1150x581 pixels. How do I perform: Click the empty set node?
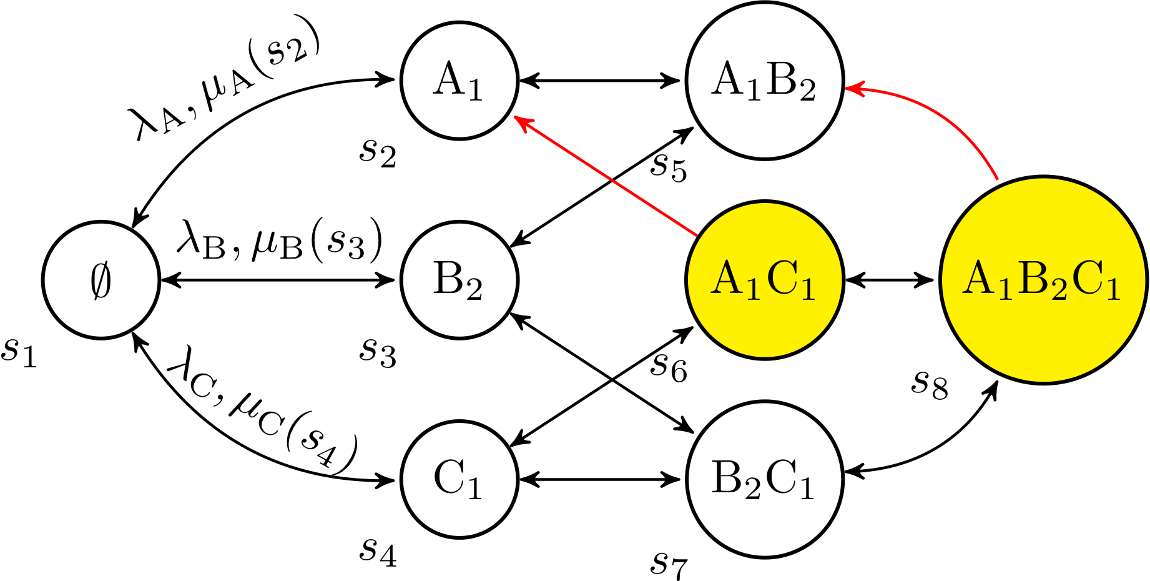pyautogui.click(x=101, y=280)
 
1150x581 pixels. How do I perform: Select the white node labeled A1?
pyautogui.click(x=460, y=81)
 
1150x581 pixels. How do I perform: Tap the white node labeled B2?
pyautogui.click(x=460, y=280)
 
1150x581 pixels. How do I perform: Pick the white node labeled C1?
pyautogui.click(x=460, y=479)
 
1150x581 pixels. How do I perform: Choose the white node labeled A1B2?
pyautogui.click(x=765, y=81)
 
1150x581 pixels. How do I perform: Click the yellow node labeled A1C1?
pyautogui.click(x=765, y=280)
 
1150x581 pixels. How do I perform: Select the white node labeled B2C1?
pyautogui.click(x=765, y=479)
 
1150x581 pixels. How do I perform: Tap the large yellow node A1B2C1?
pyautogui.click(x=1043, y=280)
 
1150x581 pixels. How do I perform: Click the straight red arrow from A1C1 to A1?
pyautogui.click(x=606, y=177)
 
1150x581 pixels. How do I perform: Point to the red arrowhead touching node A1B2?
pyautogui.click(x=852, y=89)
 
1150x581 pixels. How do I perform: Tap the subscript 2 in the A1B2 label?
pyautogui.click(x=807, y=92)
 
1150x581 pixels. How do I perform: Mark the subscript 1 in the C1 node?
pyautogui.click(x=475, y=488)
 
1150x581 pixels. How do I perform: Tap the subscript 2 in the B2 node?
pyautogui.click(x=474, y=290)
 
